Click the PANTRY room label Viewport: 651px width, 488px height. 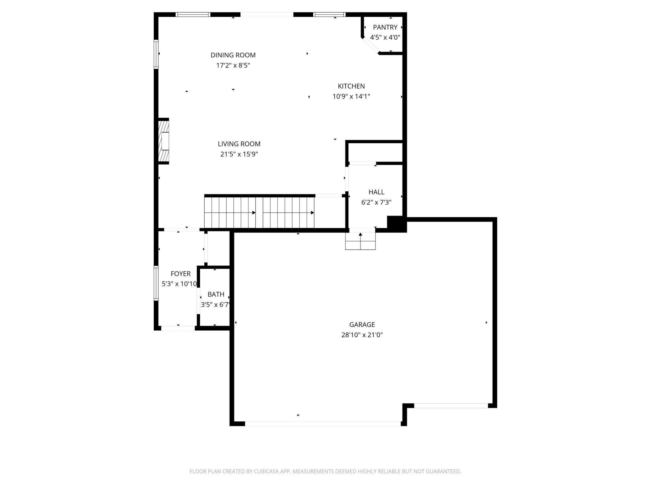(x=385, y=28)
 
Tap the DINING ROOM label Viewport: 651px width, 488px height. (x=233, y=55)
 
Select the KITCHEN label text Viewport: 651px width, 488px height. (x=351, y=86)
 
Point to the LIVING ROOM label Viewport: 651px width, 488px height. (x=239, y=144)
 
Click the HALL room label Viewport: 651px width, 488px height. (x=376, y=192)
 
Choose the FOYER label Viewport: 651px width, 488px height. (x=181, y=274)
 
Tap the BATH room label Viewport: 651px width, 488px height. (x=216, y=294)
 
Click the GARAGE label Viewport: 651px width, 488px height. (x=362, y=325)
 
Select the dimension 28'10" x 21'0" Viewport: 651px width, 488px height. (x=362, y=335)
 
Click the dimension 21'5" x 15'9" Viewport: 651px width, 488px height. (x=239, y=154)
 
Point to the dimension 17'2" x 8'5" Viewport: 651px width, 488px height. (x=233, y=65)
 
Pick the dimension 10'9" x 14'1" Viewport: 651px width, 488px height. (x=351, y=96)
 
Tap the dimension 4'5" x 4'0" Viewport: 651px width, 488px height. (x=385, y=38)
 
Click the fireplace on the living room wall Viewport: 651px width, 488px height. (x=164, y=141)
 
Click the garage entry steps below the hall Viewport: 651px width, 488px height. (x=360, y=241)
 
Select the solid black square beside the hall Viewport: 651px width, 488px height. (x=397, y=224)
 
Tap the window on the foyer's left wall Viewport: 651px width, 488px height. (x=156, y=283)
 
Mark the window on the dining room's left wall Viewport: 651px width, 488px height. (x=156, y=54)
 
